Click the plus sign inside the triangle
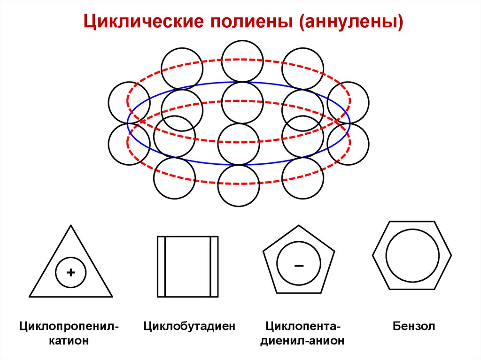(x=71, y=272)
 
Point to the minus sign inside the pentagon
(x=299, y=266)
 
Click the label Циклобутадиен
(x=189, y=326)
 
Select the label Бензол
(x=414, y=326)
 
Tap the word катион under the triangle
(x=70, y=341)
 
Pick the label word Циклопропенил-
(x=70, y=326)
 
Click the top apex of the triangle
(x=71, y=226)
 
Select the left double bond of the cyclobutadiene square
(x=161, y=266)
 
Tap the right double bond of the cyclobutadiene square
(x=214, y=266)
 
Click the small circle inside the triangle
(x=71, y=272)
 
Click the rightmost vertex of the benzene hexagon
(x=451, y=255)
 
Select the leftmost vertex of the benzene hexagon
(x=373, y=255)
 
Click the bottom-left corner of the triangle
(x=30, y=297)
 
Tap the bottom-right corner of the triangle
(x=112, y=297)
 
